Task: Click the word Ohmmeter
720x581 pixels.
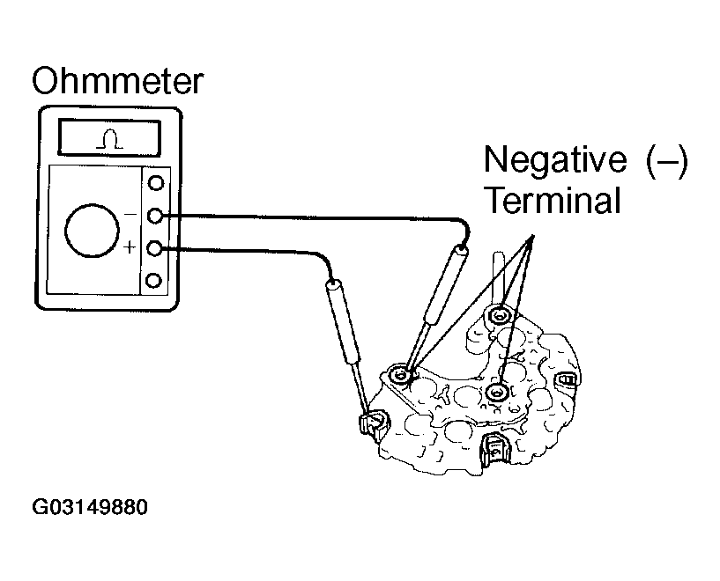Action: click(117, 82)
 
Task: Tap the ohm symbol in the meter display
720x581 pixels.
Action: click(108, 138)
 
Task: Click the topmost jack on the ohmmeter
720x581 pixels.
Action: click(156, 183)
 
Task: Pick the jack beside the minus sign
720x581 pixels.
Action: click(156, 216)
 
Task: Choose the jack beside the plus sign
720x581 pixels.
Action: click(156, 248)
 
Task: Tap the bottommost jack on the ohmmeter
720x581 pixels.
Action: click(156, 281)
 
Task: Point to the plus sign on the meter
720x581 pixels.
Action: click(130, 248)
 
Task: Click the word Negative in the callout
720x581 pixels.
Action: click(552, 161)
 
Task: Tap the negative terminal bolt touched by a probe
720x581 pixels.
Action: click(402, 376)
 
